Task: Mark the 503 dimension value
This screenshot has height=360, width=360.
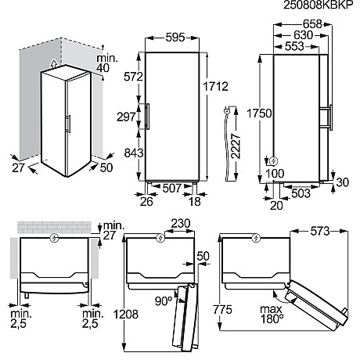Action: tap(301, 192)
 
